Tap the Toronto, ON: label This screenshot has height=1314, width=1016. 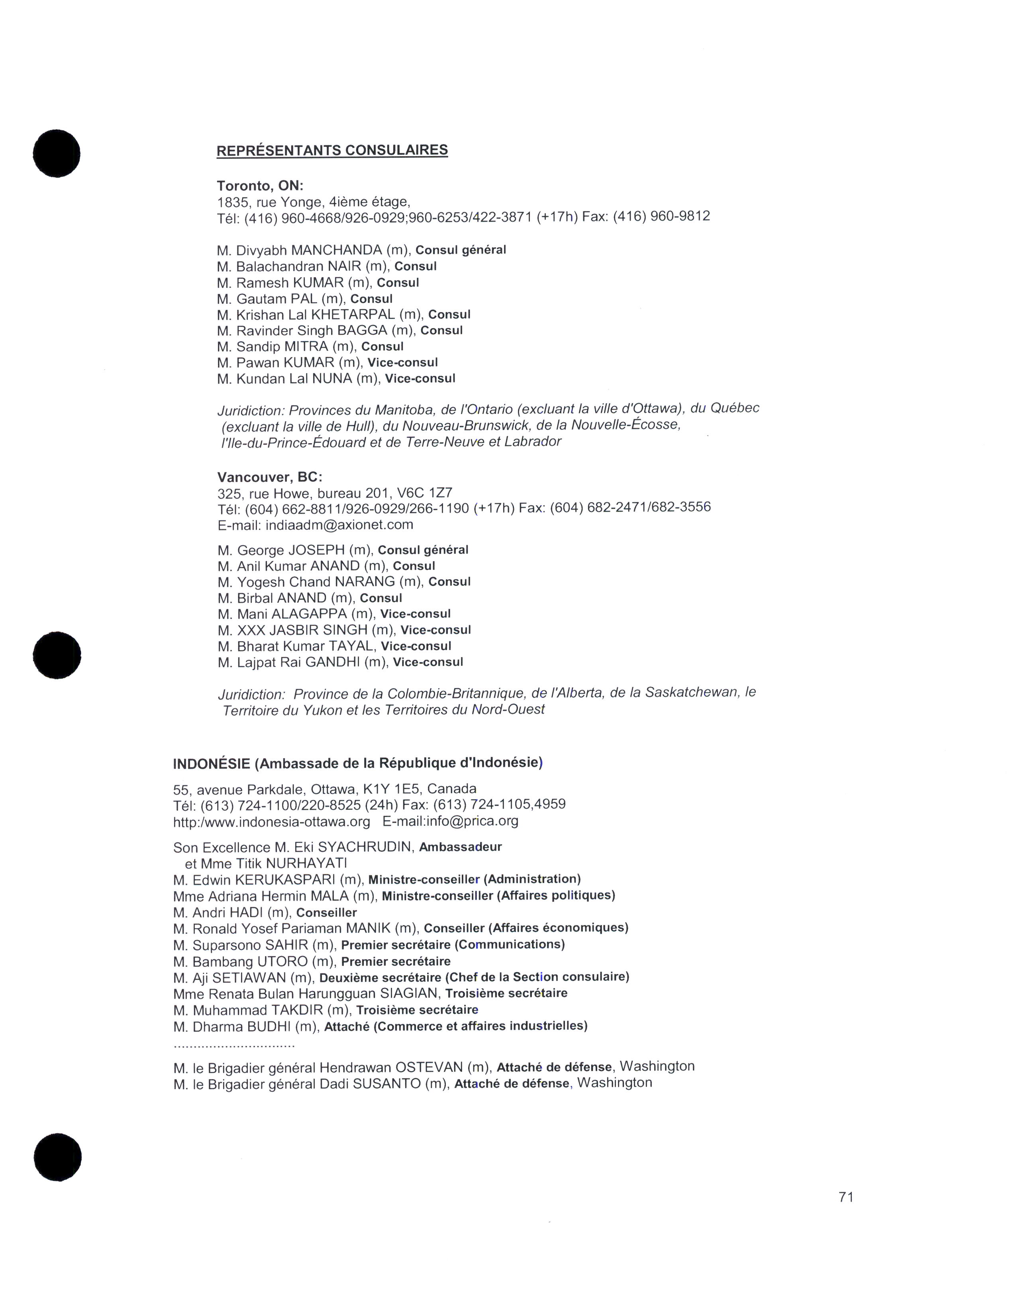pos(260,186)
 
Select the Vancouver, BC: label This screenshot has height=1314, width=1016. pos(270,477)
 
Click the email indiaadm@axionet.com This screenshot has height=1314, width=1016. pos(339,525)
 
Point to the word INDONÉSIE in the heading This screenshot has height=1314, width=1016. pos(211,764)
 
